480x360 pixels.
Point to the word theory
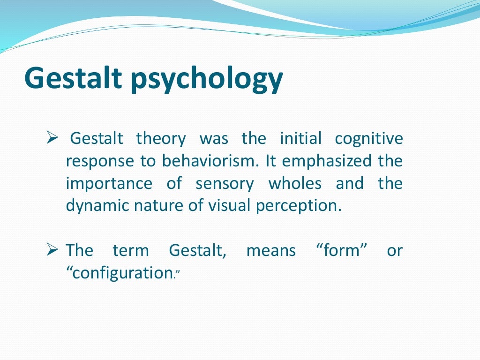[161, 139]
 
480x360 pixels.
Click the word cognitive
[368, 139]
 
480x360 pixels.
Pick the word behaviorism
[210, 161]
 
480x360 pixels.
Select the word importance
[109, 184]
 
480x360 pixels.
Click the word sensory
[225, 184]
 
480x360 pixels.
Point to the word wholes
[294, 183]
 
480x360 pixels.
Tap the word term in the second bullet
[130, 250]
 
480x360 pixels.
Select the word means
[271, 250]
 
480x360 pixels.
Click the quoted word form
[338, 250]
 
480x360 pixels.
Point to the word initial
[300, 139]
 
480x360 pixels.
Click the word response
[100, 162]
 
